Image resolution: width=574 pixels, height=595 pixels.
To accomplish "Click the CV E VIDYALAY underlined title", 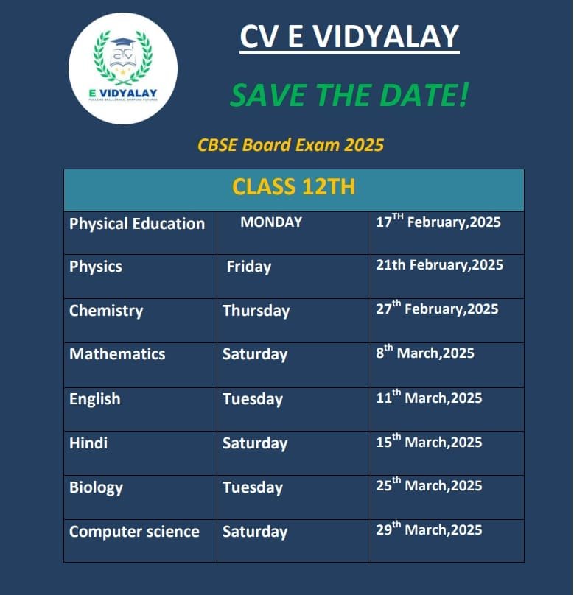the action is click(349, 38).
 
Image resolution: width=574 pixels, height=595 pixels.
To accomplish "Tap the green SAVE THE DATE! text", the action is click(350, 95).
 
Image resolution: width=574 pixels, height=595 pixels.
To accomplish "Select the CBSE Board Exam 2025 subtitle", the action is click(290, 145).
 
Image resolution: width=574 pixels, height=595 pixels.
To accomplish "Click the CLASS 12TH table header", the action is click(293, 187).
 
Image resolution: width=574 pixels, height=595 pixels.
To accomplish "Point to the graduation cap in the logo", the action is click(123, 43).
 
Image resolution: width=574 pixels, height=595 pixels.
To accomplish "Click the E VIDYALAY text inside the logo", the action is click(123, 93).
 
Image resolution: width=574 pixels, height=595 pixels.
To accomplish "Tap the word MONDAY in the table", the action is click(271, 222).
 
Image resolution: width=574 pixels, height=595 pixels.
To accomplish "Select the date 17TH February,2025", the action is click(438, 221).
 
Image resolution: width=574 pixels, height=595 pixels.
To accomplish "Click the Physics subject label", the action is click(96, 267).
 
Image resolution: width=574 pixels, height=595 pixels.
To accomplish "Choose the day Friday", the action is click(248, 267).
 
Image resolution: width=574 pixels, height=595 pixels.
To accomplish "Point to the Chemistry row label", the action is click(106, 311).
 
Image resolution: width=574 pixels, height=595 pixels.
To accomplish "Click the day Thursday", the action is click(256, 311).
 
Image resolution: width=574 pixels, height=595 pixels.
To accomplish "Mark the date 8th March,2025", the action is click(425, 352).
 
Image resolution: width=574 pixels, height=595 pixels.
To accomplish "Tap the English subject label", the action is click(95, 399).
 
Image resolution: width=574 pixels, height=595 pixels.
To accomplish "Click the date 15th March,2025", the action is click(429, 441).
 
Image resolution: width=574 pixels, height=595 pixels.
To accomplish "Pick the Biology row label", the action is click(96, 487).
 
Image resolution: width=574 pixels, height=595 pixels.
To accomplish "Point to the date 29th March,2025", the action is click(429, 529).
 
